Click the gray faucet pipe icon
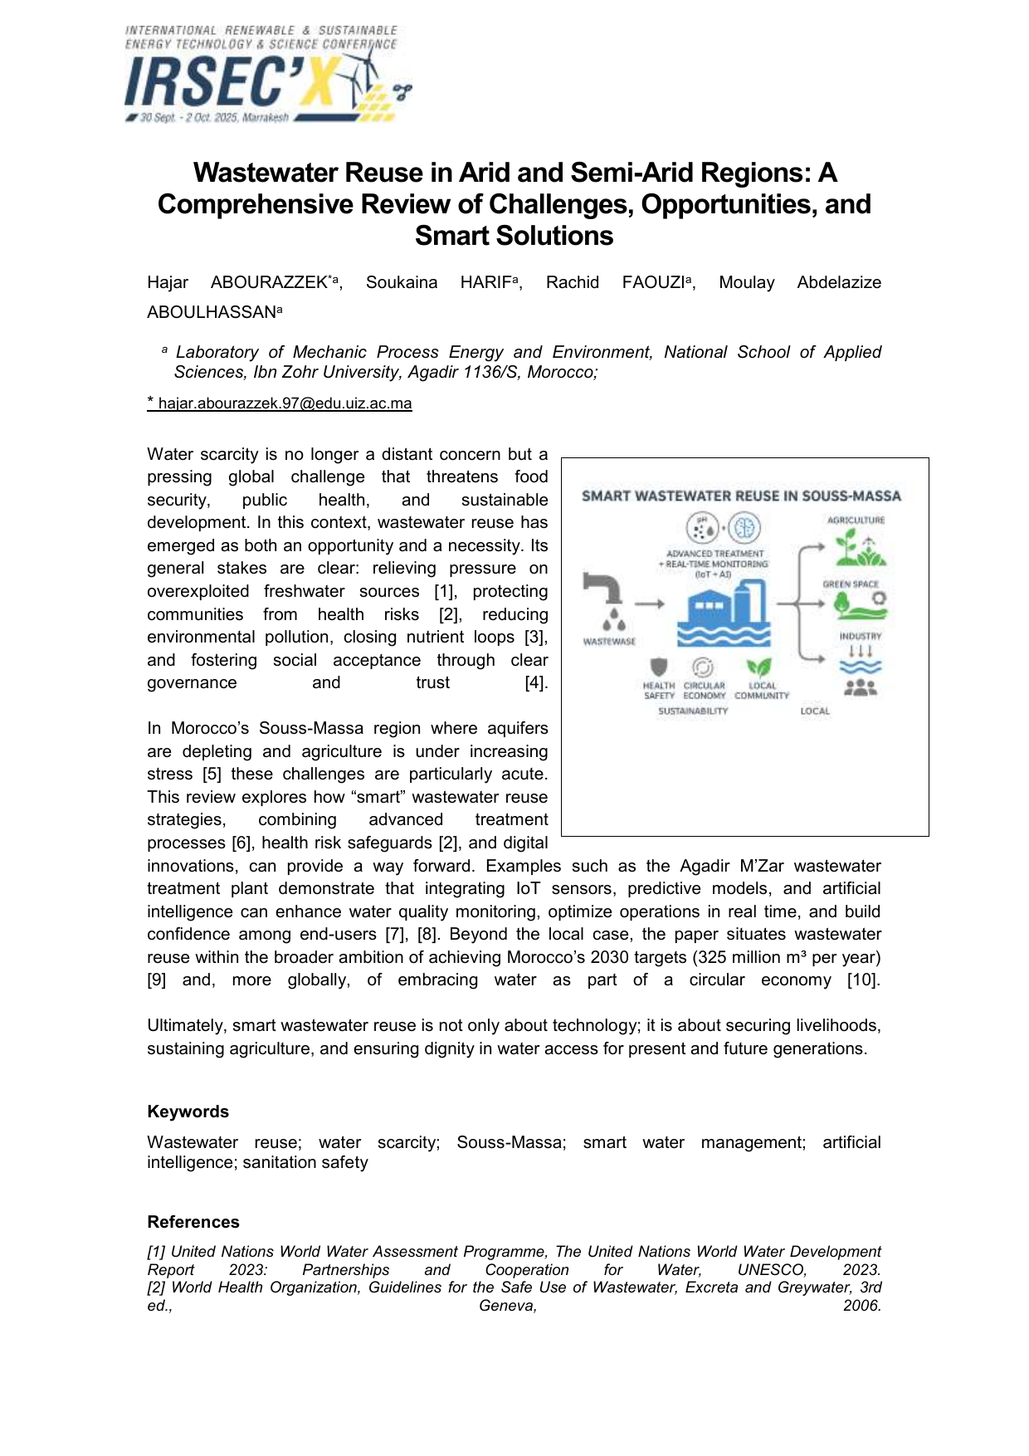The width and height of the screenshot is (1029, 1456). pyautogui.click(x=603, y=587)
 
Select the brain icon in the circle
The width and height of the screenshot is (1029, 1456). pyautogui.click(x=744, y=528)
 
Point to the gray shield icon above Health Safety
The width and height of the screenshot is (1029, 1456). pyautogui.click(x=659, y=667)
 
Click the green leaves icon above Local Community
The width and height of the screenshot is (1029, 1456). pyautogui.click(x=759, y=667)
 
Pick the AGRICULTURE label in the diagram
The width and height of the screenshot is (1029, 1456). pyautogui.click(x=856, y=520)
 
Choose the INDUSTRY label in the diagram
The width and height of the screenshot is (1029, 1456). pyautogui.click(x=860, y=636)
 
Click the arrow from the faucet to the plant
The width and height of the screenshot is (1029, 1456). pyautogui.click(x=650, y=604)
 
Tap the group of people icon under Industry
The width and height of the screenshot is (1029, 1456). pyautogui.click(x=861, y=687)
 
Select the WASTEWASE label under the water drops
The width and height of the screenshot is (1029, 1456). pyautogui.click(x=609, y=642)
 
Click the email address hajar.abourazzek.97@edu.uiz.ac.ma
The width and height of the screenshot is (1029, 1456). pyautogui.click(x=285, y=404)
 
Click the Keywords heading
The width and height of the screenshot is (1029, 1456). pyautogui.click(x=188, y=1112)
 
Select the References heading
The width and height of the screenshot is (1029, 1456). pyautogui.click(x=193, y=1222)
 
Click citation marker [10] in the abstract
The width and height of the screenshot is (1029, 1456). pyautogui.click(x=863, y=980)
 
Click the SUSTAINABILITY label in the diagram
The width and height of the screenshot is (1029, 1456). pyautogui.click(x=693, y=711)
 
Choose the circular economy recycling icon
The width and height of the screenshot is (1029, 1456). pyautogui.click(x=703, y=667)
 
